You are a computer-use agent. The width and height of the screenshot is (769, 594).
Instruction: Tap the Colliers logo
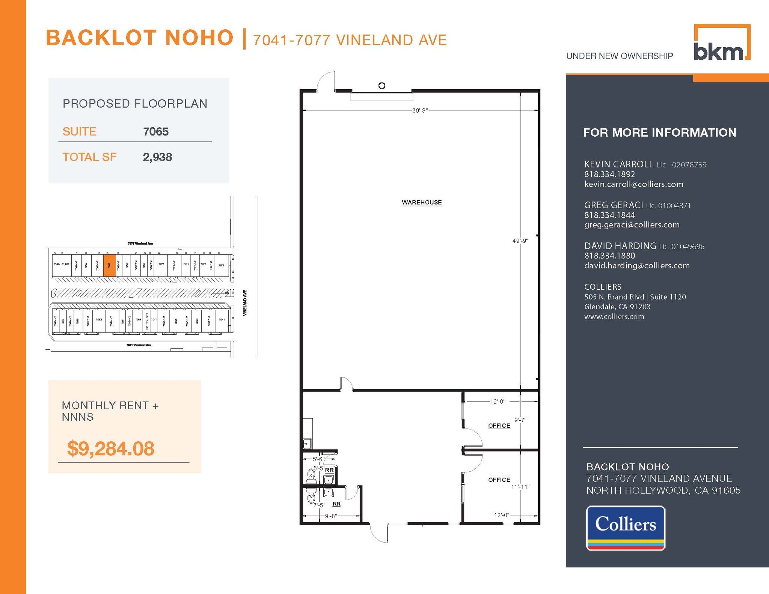626,528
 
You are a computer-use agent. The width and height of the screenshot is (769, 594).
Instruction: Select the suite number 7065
155,132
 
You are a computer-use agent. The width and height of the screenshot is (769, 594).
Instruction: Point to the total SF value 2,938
157,157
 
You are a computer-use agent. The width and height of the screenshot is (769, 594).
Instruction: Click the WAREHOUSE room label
422,203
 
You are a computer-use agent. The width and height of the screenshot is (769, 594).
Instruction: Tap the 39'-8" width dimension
420,110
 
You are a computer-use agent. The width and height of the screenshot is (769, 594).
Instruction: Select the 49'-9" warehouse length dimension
520,241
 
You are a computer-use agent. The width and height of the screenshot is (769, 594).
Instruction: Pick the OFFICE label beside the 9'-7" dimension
499,426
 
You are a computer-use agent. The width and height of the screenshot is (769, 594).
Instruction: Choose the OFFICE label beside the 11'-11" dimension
499,480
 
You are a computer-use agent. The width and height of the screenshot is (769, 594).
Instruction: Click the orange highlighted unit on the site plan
109,265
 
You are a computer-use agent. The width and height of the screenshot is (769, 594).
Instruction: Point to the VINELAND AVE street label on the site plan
245,302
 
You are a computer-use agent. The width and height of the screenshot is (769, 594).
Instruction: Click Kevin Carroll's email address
633,184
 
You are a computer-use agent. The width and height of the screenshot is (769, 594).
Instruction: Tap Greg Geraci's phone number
609,215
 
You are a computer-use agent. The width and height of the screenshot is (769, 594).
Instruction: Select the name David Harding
620,246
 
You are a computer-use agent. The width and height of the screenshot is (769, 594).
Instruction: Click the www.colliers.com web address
614,316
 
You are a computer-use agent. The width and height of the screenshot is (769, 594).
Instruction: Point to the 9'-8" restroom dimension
330,516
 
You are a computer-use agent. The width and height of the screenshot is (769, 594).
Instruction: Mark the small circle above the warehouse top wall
382,86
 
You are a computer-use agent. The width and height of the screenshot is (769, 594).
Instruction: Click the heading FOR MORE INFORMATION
659,132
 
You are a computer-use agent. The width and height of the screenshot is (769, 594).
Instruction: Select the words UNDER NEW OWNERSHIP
619,56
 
